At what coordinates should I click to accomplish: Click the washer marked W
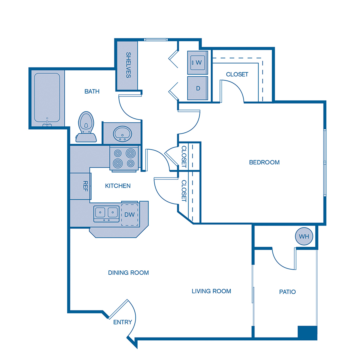point(198,62)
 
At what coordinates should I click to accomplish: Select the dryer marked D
point(198,88)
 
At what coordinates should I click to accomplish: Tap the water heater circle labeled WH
point(304,236)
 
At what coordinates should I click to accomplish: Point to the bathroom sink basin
point(122,133)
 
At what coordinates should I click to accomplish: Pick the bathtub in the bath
point(47,98)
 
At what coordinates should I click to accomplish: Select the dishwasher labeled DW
point(129,214)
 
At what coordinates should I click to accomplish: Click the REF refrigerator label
point(85,186)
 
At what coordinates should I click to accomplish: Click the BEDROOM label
point(264,162)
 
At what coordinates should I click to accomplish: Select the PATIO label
point(287,292)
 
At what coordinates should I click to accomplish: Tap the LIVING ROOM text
point(211,291)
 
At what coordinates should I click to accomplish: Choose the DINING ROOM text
point(128,273)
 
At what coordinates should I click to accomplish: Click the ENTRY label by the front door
point(122,322)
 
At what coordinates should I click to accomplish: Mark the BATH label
point(92,92)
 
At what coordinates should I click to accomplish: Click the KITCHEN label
point(118,186)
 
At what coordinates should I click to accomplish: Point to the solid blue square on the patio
point(307,333)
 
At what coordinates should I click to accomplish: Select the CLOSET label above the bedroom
point(237,74)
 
